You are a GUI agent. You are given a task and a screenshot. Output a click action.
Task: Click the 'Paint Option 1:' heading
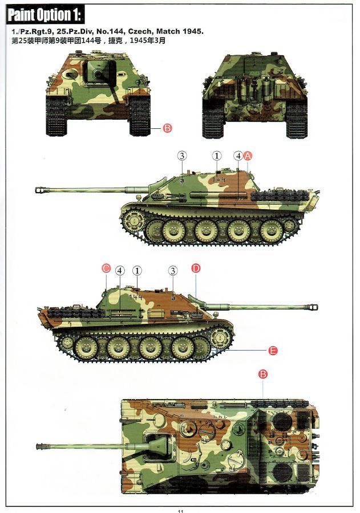(x=45, y=15)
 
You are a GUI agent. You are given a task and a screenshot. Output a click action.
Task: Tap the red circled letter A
(x=248, y=156)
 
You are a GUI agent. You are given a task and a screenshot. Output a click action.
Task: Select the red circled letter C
(x=106, y=269)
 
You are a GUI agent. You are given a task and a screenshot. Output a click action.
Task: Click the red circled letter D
(x=196, y=268)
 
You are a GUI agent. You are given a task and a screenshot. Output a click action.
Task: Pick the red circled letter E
(x=273, y=351)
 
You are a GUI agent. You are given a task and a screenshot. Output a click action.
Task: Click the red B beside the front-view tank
(x=167, y=128)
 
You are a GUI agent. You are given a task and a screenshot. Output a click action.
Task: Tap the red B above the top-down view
(x=264, y=374)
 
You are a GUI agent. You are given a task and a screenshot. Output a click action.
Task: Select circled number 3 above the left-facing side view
(x=182, y=156)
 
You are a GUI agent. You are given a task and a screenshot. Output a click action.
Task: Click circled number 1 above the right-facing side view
(x=137, y=270)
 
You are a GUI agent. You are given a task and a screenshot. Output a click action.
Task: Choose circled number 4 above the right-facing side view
(x=120, y=270)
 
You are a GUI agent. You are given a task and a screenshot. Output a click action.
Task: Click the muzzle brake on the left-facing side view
(x=41, y=189)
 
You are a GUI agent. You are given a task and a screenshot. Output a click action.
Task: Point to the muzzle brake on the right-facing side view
(x=313, y=307)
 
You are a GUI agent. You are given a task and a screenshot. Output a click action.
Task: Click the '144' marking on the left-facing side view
(x=219, y=180)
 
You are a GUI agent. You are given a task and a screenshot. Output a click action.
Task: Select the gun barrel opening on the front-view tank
(x=98, y=74)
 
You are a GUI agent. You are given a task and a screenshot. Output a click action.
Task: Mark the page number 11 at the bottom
(x=180, y=511)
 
